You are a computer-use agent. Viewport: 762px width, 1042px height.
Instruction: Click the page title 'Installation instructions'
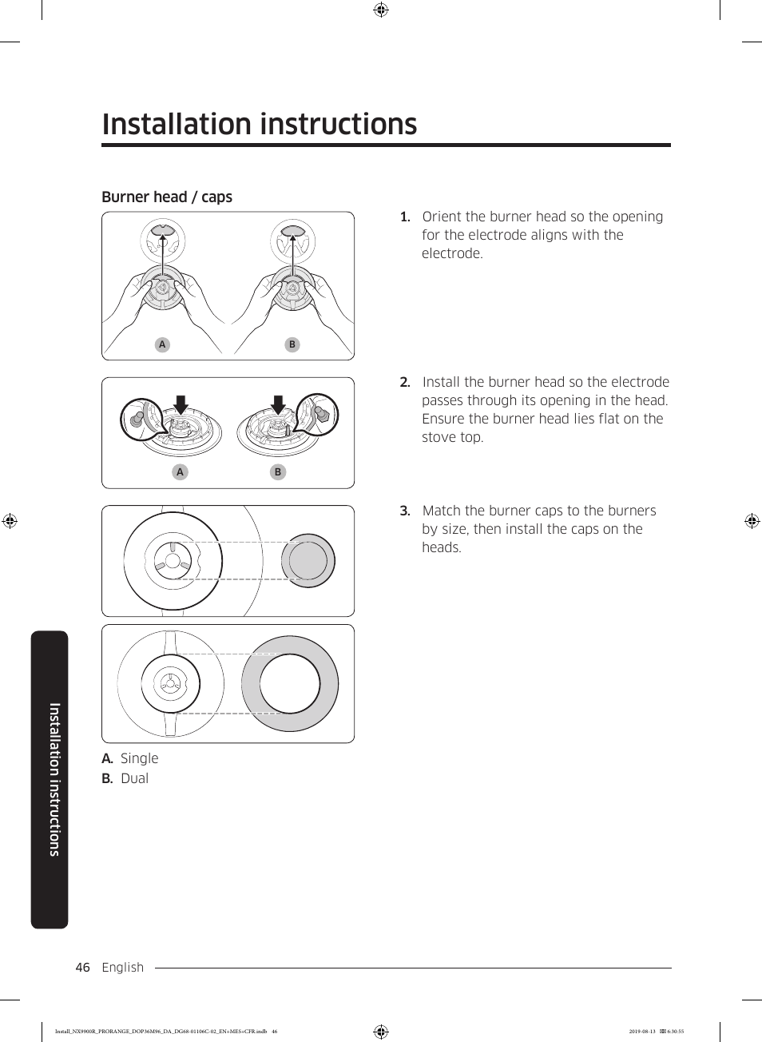coord(260,125)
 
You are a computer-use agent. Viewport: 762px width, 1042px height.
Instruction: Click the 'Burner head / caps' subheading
coord(167,197)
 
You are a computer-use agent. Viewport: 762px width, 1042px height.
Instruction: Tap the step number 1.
coord(405,217)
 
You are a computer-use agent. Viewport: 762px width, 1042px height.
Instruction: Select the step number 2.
coord(405,382)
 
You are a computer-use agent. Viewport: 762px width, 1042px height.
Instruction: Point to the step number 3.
coord(405,511)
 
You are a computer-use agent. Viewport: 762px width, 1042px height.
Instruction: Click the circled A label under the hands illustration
coord(162,344)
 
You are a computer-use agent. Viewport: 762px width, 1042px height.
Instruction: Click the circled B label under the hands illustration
coord(292,344)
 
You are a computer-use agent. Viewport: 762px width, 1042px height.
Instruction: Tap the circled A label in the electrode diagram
coord(180,471)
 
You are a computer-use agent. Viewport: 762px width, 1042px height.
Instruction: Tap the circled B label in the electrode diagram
coord(278,471)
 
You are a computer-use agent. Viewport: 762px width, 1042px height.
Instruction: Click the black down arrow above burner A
coord(181,404)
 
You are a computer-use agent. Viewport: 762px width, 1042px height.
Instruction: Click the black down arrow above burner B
coord(278,404)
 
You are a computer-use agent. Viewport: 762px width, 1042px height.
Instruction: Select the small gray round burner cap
coord(308,560)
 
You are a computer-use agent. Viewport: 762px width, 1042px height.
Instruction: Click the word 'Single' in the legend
coord(139,758)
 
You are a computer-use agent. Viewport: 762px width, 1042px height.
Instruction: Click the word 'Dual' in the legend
coord(134,778)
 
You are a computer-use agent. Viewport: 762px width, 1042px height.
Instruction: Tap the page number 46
coord(82,967)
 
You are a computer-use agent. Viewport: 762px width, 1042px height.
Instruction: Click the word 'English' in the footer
coord(123,967)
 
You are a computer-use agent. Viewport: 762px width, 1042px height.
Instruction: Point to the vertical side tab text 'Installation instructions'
coord(54,779)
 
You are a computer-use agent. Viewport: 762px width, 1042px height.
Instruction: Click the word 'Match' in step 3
coord(441,511)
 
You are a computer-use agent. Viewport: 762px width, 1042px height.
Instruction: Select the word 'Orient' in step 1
coord(441,217)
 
